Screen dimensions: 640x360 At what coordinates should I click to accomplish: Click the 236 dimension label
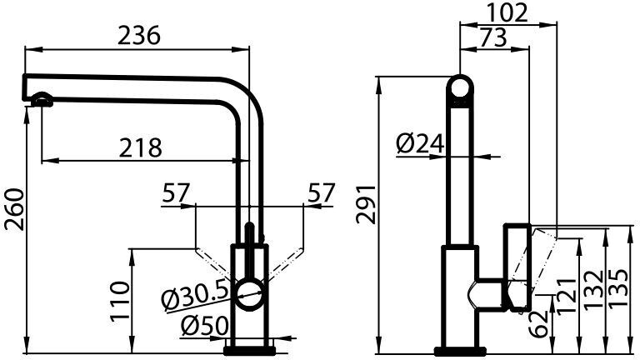click(139, 35)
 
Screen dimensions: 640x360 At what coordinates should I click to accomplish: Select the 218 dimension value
click(140, 147)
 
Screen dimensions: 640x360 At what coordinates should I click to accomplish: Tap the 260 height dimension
click(14, 209)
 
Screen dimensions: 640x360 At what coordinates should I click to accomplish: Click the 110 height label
click(120, 301)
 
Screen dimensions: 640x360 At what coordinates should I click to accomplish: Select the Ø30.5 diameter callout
click(193, 296)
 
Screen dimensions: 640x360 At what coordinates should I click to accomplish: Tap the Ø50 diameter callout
click(205, 327)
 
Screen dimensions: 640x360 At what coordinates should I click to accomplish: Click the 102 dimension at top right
click(507, 12)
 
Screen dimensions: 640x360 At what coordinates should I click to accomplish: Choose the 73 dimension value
click(492, 37)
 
